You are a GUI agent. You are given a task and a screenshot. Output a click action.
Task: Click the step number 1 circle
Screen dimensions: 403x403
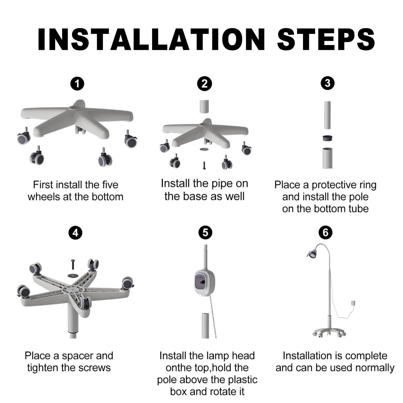click(x=77, y=84)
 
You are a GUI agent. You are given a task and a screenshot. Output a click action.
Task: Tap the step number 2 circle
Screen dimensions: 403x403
click(x=205, y=84)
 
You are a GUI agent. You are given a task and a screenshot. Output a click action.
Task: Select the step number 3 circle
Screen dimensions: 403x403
click(x=328, y=83)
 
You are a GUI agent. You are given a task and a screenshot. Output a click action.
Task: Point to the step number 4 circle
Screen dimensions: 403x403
click(x=76, y=233)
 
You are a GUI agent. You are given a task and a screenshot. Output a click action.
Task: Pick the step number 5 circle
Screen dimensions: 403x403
click(x=205, y=232)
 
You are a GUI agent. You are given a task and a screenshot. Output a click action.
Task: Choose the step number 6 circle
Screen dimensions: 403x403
click(x=325, y=232)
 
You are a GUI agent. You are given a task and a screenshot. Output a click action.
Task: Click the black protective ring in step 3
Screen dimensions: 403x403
click(x=327, y=138)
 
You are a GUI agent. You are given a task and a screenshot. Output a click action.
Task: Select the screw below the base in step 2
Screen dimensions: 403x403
click(x=204, y=165)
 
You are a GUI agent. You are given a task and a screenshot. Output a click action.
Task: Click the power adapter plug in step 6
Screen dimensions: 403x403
click(x=353, y=304)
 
